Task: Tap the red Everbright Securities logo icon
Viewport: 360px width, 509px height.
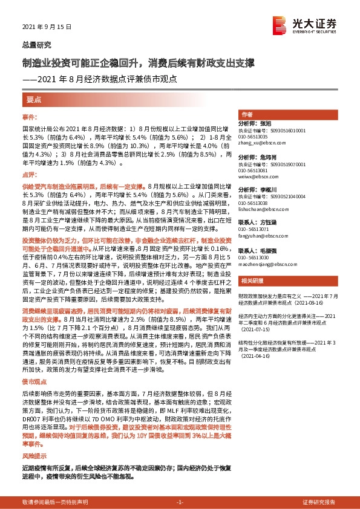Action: pos(281,25)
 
